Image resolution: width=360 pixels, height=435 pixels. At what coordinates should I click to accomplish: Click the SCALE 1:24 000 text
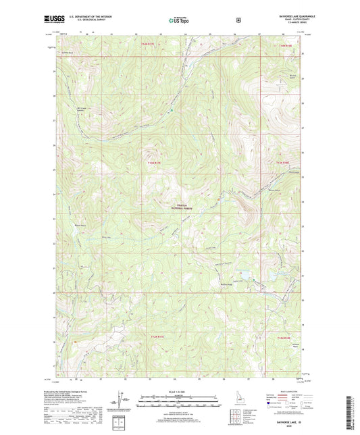(179, 391)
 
